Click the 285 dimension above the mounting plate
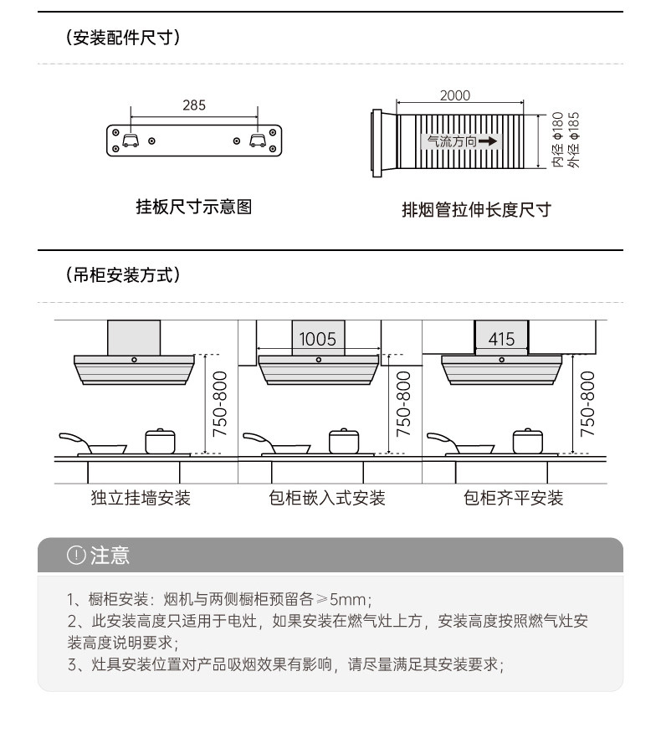click(193, 105)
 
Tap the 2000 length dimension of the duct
click(455, 96)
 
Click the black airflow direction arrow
click(488, 141)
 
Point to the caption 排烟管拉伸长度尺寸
click(476, 209)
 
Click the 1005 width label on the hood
click(317, 339)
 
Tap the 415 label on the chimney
click(501, 339)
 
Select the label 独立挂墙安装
click(141, 499)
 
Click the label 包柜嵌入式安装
click(327, 499)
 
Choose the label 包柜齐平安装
click(514, 499)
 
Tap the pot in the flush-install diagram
click(528, 441)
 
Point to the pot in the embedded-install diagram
click(344, 441)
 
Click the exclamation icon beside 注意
click(76, 556)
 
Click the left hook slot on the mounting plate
click(130, 140)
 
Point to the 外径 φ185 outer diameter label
click(574, 140)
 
